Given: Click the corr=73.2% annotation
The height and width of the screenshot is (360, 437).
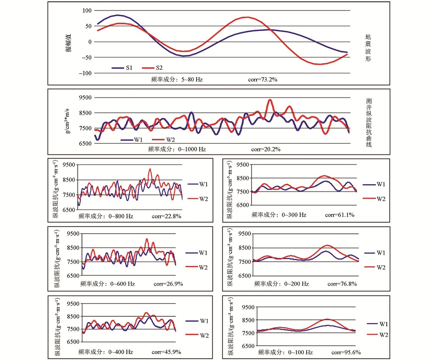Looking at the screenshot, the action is [263, 80].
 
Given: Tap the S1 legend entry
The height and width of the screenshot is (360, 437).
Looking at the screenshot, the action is [122, 68].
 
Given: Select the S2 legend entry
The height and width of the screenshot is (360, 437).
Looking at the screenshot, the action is [152, 68].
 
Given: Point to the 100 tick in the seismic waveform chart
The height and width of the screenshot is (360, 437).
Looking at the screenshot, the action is [87, 10].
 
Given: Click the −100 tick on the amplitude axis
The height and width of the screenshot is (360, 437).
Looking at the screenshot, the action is [85, 73].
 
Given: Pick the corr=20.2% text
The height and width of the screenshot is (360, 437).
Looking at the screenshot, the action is [266, 149].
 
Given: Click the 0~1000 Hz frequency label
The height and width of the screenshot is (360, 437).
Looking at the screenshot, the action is [192, 149].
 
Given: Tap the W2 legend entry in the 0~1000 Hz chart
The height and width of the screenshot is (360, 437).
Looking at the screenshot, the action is [163, 140].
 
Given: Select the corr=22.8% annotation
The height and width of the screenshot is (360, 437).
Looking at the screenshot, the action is [166, 216].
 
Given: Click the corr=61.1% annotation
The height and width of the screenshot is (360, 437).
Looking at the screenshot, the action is [340, 215].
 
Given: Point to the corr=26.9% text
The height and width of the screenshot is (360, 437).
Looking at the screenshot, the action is [168, 284].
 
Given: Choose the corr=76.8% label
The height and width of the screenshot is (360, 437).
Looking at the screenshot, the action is [342, 284].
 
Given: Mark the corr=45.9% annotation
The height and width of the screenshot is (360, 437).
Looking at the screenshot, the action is [166, 352].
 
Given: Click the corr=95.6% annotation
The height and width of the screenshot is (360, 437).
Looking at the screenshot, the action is [346, 353].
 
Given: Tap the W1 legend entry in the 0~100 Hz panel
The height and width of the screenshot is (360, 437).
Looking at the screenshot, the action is [378, 324].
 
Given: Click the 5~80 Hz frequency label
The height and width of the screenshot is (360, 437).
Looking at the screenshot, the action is [192, 80].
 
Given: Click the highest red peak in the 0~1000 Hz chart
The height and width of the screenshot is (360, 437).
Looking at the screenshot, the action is [270, 100].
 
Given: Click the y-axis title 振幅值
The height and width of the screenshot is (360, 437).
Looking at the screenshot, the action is [69, 43].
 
